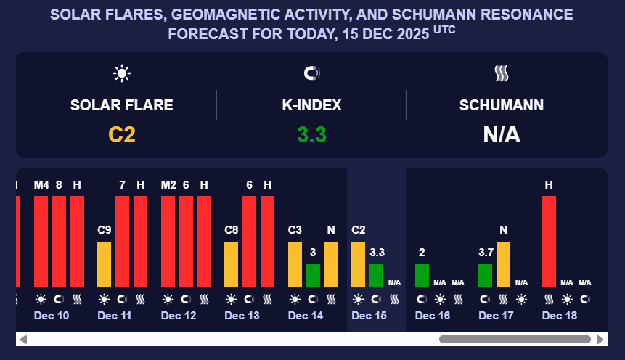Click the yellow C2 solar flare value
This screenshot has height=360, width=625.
pos(122,135)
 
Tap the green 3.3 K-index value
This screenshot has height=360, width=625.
pos(311,135)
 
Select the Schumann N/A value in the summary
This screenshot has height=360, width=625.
pos(502,135)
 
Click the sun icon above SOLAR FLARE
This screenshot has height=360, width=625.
pos(121,73)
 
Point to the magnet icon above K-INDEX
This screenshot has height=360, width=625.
pos(311,73)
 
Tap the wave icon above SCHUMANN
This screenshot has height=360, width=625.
pos(502,73)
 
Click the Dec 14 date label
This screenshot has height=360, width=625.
pos(306,316)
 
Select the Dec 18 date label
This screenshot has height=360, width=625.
pos(560,316)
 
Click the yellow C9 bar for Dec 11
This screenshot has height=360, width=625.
pos(105,264)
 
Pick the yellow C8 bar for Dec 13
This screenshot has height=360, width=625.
pos(232,264)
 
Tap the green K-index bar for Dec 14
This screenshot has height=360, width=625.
pos(313,275)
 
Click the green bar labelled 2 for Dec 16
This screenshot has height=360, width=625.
pos(422,275)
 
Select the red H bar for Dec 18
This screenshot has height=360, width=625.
pos(549,241)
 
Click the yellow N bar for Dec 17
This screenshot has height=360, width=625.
pos(503,264)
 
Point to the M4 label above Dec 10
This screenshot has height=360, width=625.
pos(41,185)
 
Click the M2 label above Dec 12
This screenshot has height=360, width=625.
pos(168,185)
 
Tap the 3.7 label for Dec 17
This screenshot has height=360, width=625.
pos(486,253)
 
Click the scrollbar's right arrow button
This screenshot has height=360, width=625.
pos(600,339)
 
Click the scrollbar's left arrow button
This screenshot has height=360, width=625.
pos(23,339)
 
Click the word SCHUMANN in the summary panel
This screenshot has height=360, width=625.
pos(502,105)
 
